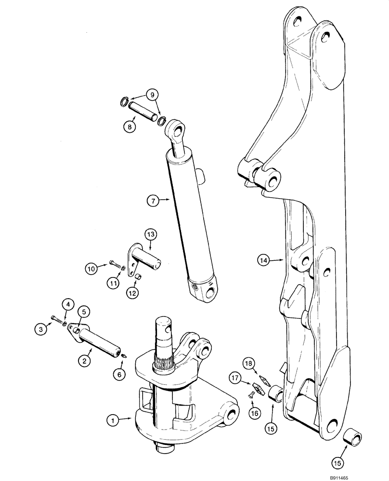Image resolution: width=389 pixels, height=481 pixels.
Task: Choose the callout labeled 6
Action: pyautogui.click(x=120, y=373)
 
